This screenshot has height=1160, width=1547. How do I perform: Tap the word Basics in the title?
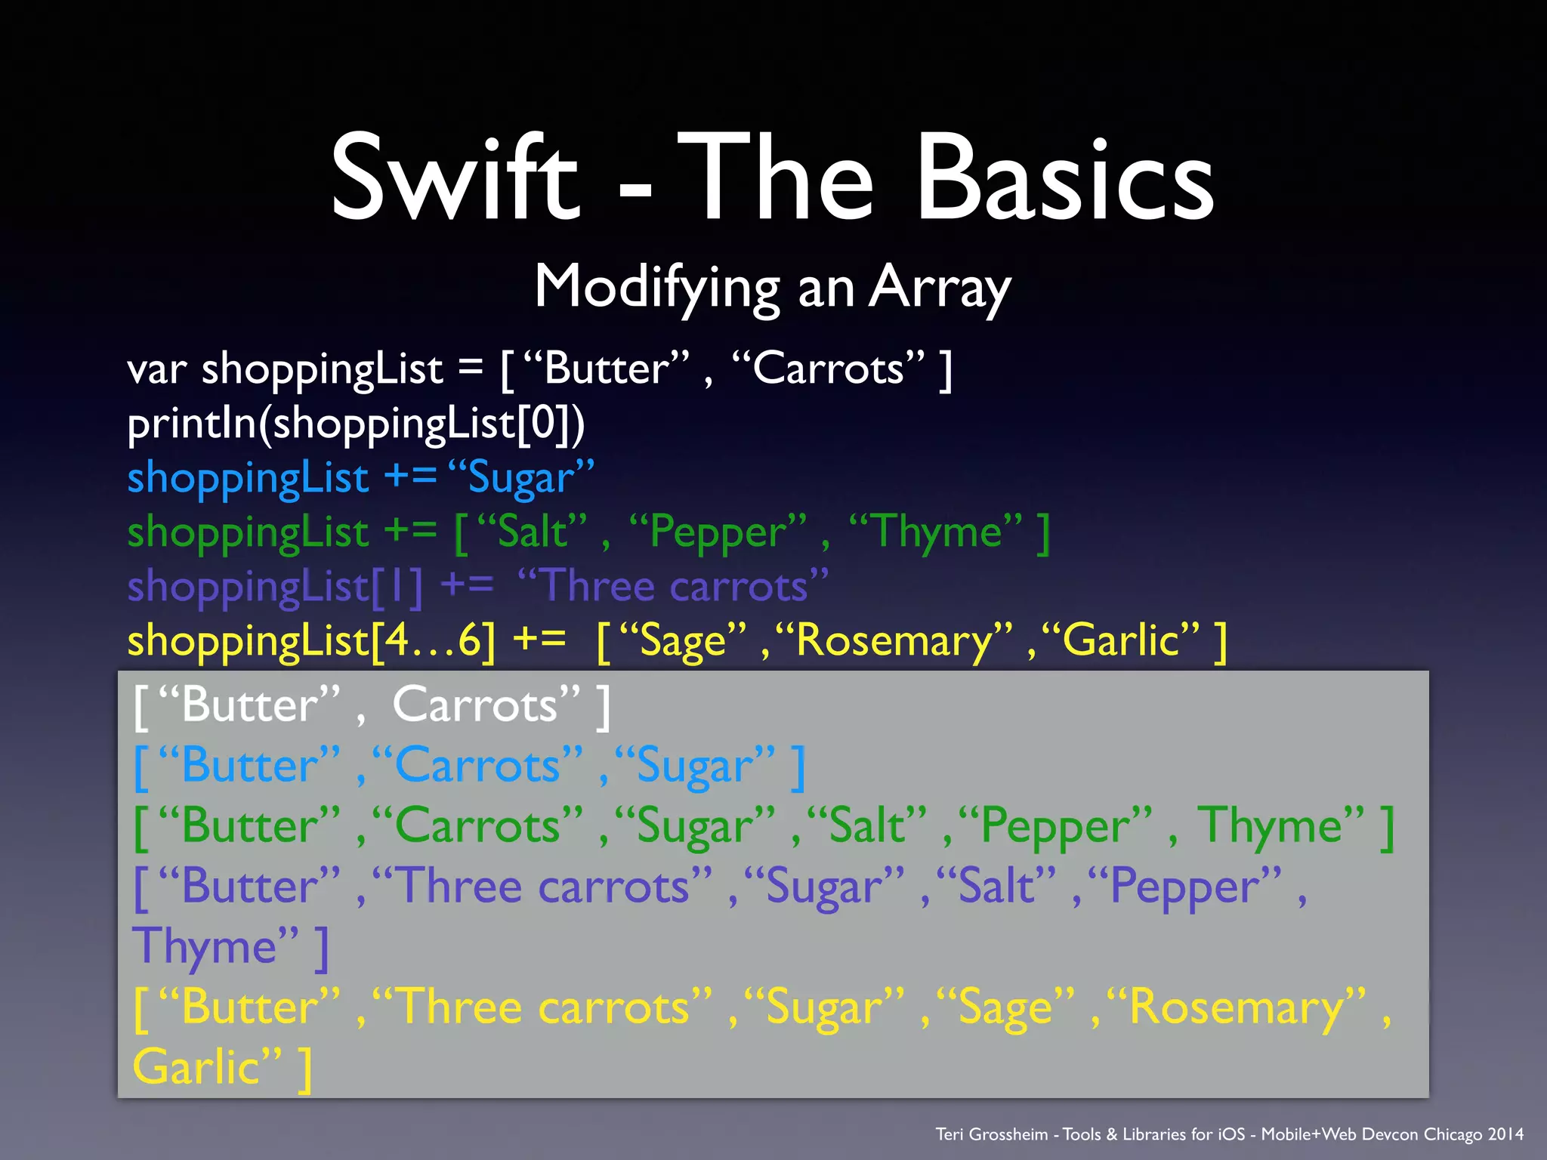click(1065, 178)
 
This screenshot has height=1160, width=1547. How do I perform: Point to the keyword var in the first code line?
click(156, 370)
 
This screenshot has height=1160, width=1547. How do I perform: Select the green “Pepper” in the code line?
click(718, 532)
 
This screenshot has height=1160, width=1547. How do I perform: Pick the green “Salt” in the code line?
click(532, 532)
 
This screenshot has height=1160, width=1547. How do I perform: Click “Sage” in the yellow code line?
click(683, 641)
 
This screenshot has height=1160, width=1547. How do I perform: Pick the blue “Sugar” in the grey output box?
click(695, 767)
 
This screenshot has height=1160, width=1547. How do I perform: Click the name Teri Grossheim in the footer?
click(991, 1134)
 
